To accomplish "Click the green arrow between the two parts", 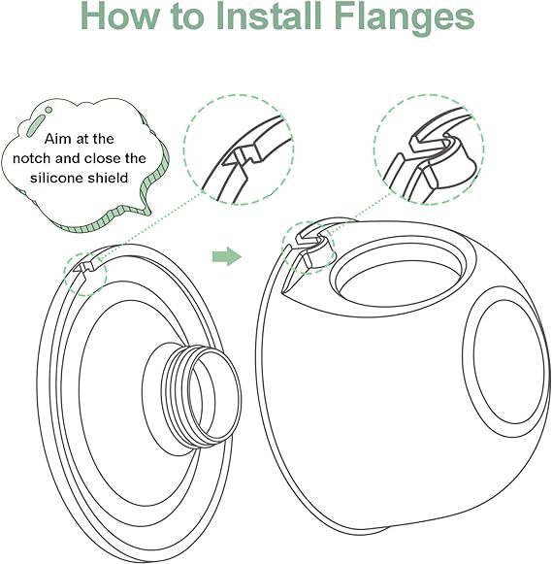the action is [x=227, y=257].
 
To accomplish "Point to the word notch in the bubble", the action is [x=32, y=158].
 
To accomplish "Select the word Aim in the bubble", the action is [x=57, y=139].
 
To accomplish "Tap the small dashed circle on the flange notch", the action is [x=85, y=274].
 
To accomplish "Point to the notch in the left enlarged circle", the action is [x=241, y=154].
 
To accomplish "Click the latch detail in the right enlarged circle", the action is [x=433, y=151].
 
